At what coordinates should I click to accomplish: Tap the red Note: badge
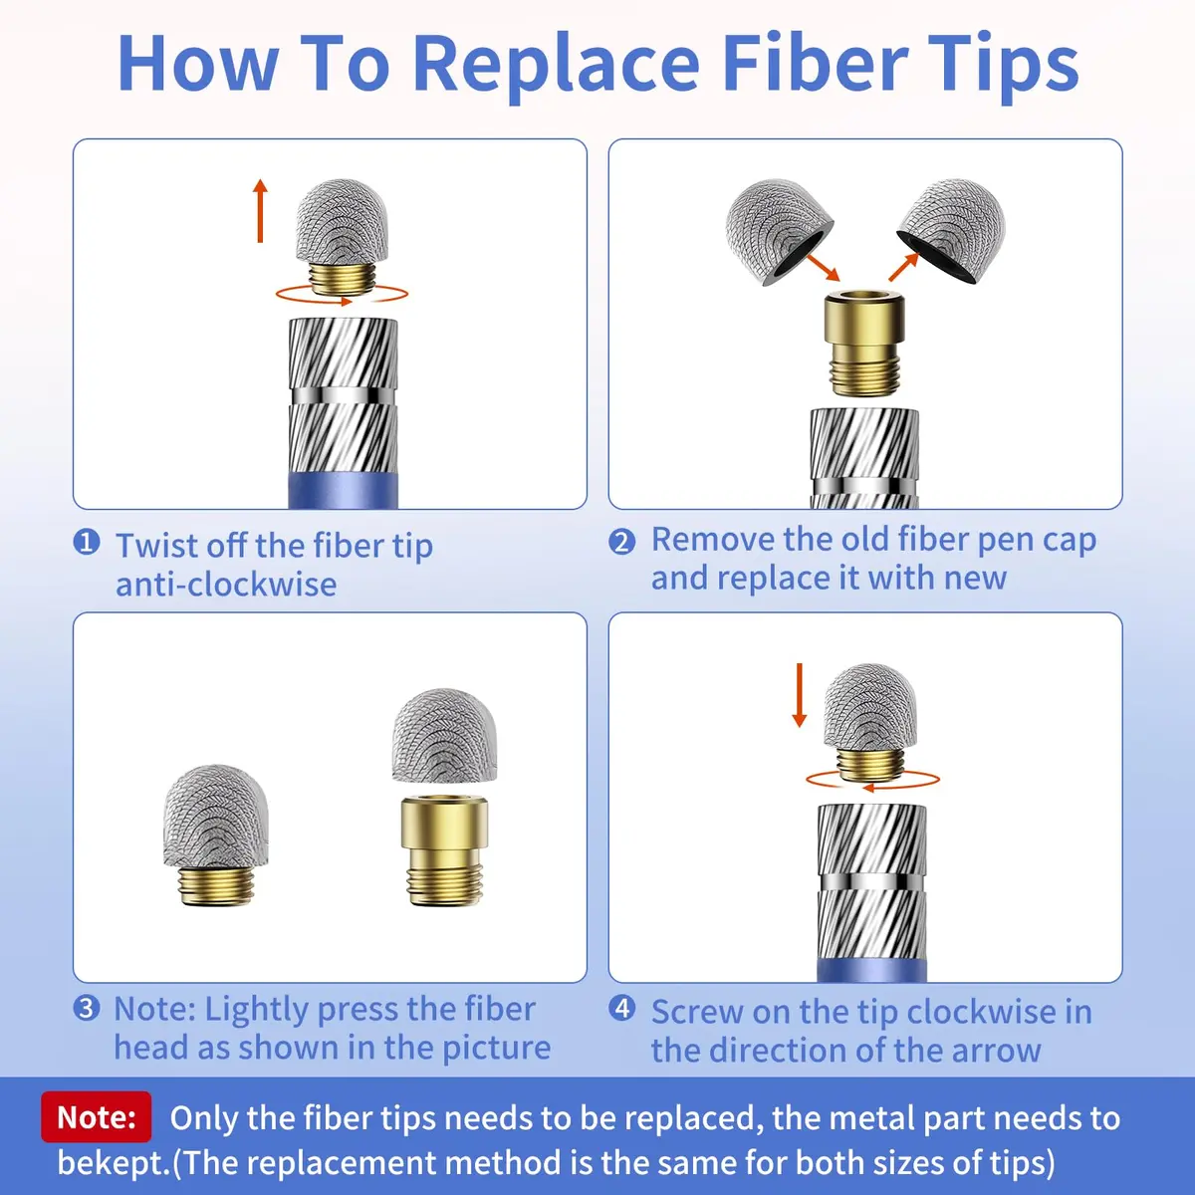pos(97,1116)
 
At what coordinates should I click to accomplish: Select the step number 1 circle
pos(87,542)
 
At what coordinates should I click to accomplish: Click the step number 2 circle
pos(622,542)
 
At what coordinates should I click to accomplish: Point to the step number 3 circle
pos(87,1009)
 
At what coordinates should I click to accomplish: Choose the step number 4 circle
pos(622,1009)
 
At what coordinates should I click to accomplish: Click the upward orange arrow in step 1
pos(261,211)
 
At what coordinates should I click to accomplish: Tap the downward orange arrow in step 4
pos(800,695)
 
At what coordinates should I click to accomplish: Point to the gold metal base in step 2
pos(863,343)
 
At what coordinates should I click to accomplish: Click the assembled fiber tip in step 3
pos(216,836)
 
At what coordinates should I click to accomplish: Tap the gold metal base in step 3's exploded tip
pos(444,850)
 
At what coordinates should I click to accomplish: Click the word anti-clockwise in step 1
pos(226,585)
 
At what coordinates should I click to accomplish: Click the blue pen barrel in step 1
pos(343,491)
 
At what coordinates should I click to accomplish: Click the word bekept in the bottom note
pos(113,1161)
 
